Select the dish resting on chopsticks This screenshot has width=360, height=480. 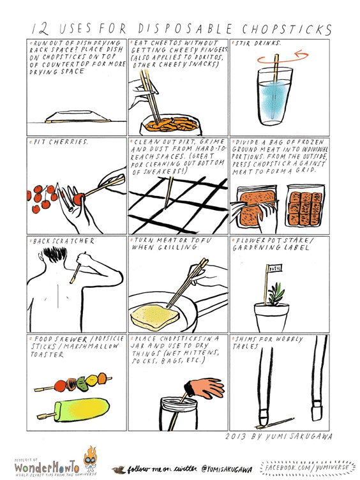(x=75, y=115)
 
